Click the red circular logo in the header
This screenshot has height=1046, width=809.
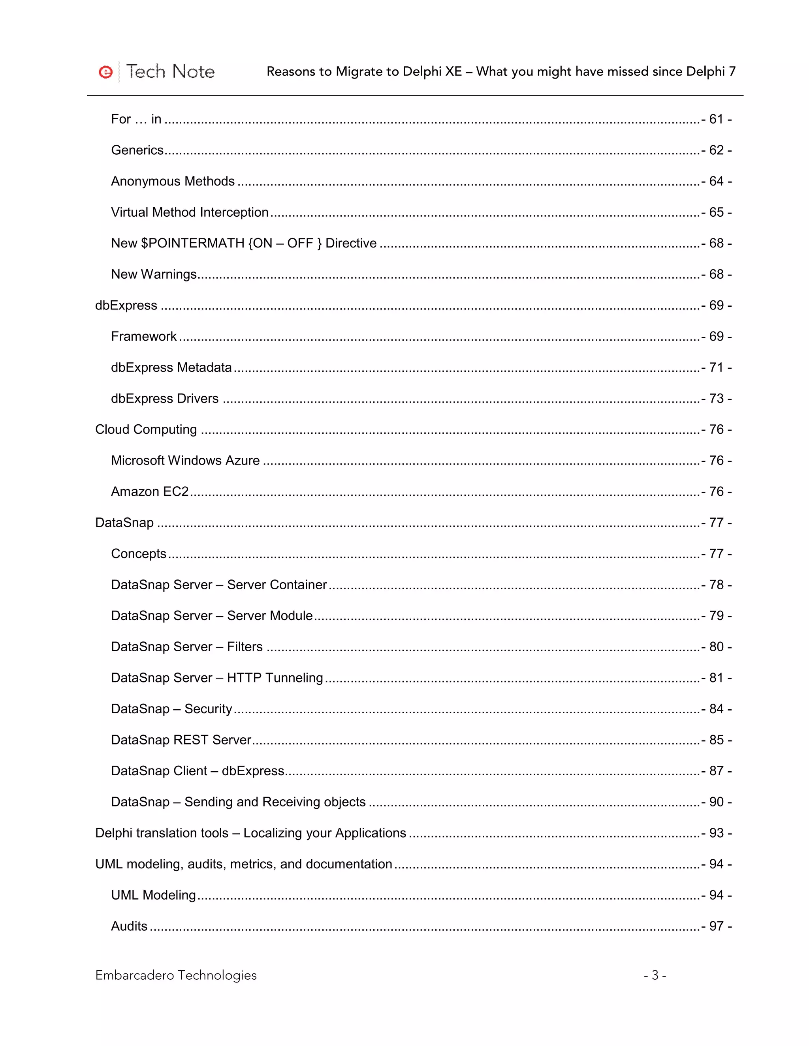click(105, 72)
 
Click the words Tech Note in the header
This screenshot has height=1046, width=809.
click(170, 72)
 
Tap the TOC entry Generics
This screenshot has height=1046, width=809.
click(137, 150)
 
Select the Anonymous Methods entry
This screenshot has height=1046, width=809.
click(173, 181)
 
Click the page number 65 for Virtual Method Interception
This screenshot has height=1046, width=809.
click(716, 212)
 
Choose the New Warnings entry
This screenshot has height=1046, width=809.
click(154, 274)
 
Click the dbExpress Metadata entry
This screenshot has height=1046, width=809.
click(171, 367)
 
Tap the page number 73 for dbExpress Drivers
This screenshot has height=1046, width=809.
click(716, 399)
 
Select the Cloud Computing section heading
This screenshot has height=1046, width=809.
click(146, 429)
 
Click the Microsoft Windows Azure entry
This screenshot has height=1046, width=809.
click(185, 461)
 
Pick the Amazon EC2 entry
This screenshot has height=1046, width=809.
click(150, 492)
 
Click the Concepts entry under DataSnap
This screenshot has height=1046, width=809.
click(139, 554)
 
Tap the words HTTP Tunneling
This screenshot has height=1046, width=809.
click(275, 678)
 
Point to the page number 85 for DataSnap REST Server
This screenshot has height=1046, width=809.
click(716, 740)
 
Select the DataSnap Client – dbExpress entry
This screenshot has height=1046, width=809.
click(198, 771)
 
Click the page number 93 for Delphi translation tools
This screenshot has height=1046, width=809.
click(716, 833)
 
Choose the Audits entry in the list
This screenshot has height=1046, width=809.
click(129, 926)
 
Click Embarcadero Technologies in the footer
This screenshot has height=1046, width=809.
click(176, 976)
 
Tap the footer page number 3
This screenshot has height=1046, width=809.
click(655, 976)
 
